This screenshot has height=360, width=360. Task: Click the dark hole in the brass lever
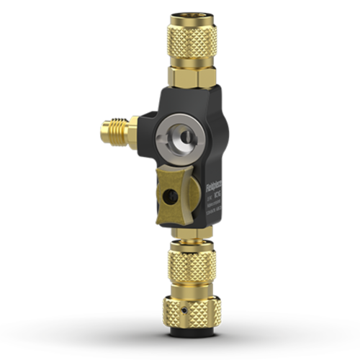point(170,196)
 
